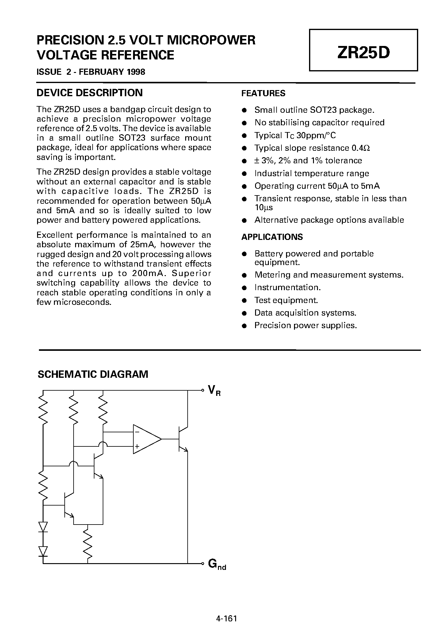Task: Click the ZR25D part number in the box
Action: pos(363,53)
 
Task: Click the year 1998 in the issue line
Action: pos(135,72)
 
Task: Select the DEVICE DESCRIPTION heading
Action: pos(90,93)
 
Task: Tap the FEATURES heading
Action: pos(263,93)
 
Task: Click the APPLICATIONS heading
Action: pos(272,237)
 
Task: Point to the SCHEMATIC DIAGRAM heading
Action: pos(93,374)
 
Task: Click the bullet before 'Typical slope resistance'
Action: pos(244,148)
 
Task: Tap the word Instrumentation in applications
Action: pos(287,287)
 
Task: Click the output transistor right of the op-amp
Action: pos(182,439)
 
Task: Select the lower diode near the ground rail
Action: pos(43,551)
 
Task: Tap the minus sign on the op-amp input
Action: pos(137,432)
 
